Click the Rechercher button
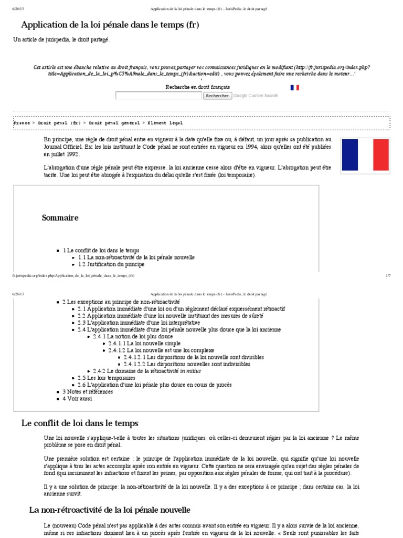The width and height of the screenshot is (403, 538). point(217,96)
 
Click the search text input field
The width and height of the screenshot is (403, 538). point(158,96)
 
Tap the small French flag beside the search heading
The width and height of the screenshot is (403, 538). point(294,87)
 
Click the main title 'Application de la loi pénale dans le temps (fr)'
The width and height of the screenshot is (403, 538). point(110,25)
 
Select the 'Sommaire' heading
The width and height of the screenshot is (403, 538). point(60,218)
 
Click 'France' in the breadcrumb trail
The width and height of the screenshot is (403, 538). point(22,122)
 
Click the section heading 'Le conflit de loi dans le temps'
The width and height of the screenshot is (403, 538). point(80,423)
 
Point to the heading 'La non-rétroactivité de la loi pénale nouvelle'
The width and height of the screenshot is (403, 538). point(109,510)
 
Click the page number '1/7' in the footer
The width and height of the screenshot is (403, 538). point(388,275)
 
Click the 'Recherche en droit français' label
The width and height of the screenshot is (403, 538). point(197,87)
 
